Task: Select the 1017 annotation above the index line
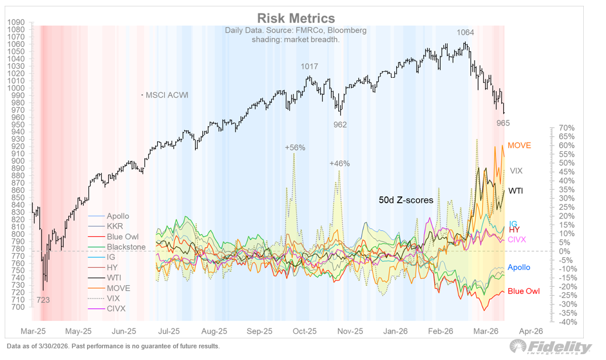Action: tap(309, 67)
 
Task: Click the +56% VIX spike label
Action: tap(295, 148)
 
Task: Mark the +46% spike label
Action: tap(340, 164)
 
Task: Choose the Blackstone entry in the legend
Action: tap(126, 247)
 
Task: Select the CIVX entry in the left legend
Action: tap(116, 309)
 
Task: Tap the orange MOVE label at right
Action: tap(520, 145)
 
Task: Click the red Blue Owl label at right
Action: tap(523, 291)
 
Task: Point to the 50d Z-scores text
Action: tap(406, 200)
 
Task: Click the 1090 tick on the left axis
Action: tap(15, 22)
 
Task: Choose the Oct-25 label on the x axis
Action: tap(304, 331)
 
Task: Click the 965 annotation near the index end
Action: tap(503, 123)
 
